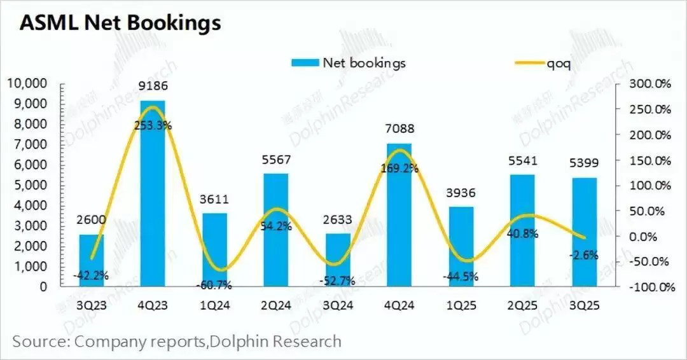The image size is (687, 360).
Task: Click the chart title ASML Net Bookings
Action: (x=120, y=23)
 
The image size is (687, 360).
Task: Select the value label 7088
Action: (x=399, y=129)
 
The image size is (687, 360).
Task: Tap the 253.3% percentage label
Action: (x=153, y=126)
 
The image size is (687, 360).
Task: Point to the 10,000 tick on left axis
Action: (x=27, y=83)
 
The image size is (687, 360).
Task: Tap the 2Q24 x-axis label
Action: (x=276, y=306)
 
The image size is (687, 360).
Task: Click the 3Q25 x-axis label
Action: (x=585, y=306)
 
